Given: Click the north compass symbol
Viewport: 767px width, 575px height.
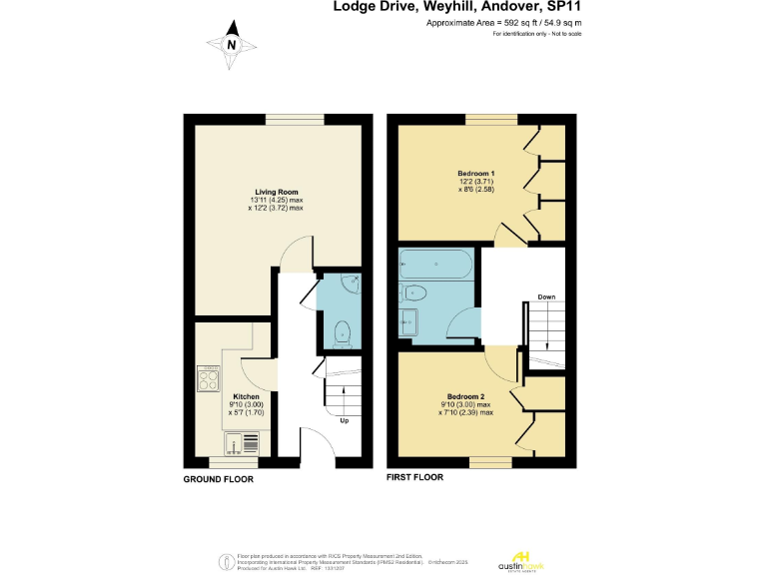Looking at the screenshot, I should click(231, 44).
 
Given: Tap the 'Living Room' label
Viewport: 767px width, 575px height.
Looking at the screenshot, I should click(276, 192).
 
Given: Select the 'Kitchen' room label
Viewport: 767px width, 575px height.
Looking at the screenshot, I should click(246, 395).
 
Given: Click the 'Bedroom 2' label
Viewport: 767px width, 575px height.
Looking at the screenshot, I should click(465, 395).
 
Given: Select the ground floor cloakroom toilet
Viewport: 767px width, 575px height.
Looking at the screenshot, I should click(342, 331).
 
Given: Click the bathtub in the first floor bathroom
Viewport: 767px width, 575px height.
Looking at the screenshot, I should click(437, 264).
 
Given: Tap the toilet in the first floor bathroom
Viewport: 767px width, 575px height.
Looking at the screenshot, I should click(412, 292).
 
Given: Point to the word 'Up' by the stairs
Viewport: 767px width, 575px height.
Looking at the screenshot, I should click(345, 420).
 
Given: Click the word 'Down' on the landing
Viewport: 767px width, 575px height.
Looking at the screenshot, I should click(546, 297).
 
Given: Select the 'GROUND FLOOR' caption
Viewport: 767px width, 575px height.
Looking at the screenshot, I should click(218, 479).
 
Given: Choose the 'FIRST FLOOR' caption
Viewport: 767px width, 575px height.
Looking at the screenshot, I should click(414, 477).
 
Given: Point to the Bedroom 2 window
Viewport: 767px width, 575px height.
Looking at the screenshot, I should click(490, 460).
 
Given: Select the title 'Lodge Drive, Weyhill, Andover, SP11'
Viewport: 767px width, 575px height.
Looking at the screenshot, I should click(457, 7).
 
